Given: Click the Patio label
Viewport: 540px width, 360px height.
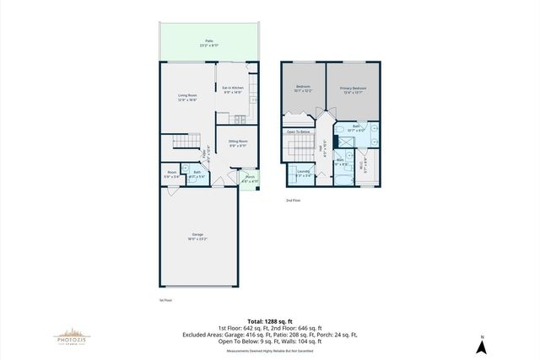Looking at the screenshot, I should pyautogui.click(x=208, y=41).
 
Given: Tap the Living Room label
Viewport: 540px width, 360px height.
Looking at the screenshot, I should pyautogui.click(x=187, y=98).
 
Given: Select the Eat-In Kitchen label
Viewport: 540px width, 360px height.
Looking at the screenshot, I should pyautogui.click(x=232, y=89).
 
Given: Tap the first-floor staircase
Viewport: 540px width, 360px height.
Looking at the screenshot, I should pyautogui.click(x=184, y=144).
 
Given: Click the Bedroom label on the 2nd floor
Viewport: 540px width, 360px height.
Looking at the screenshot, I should pyautogui.click(x=303, y=90).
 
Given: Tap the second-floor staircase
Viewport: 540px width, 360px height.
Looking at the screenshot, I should pyautogui.click(x=299, y=151).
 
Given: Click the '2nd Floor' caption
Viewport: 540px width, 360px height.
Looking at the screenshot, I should pyautogui.click(x=292, y=201).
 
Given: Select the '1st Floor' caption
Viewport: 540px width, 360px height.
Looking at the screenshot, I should pyautogui.click(x=165, y=299).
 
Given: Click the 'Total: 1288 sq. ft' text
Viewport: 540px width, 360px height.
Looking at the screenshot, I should pyautogui.click(x=269, y=320).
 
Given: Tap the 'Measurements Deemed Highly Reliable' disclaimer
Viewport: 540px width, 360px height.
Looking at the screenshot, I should pyautogui.click(x=269, y=351).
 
